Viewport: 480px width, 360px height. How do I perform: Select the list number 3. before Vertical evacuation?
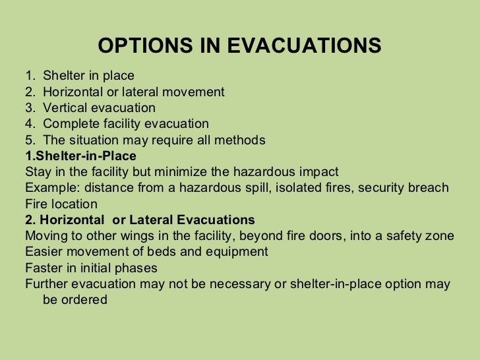(x=30, y=108)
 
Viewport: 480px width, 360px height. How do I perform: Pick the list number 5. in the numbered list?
(x=30, y=140)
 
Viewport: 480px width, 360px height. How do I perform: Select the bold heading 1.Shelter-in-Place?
(x=80, y=156)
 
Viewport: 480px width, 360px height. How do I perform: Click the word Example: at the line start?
(x=48, y=188)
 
